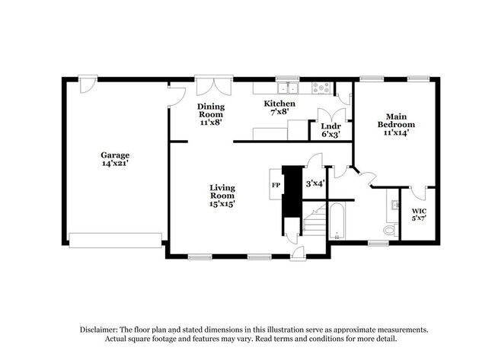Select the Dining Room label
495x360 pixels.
coord(210,111)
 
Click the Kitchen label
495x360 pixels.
coord(279,104)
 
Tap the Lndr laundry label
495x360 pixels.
coord(330,126)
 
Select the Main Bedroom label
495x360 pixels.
coord(396,120)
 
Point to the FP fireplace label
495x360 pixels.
coord(275,185)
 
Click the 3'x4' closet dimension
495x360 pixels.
coord(315,183)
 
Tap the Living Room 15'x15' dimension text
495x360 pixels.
coord(222,204)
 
